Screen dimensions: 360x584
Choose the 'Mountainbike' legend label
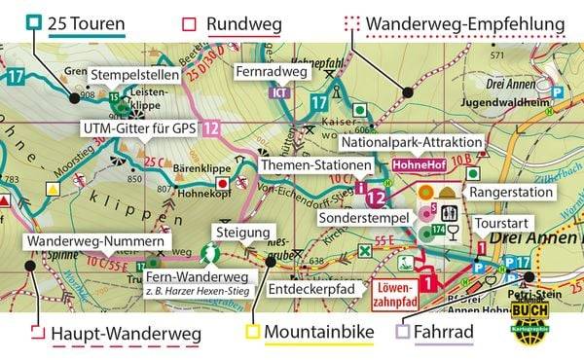[320, 335]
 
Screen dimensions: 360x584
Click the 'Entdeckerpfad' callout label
[312, 288]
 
